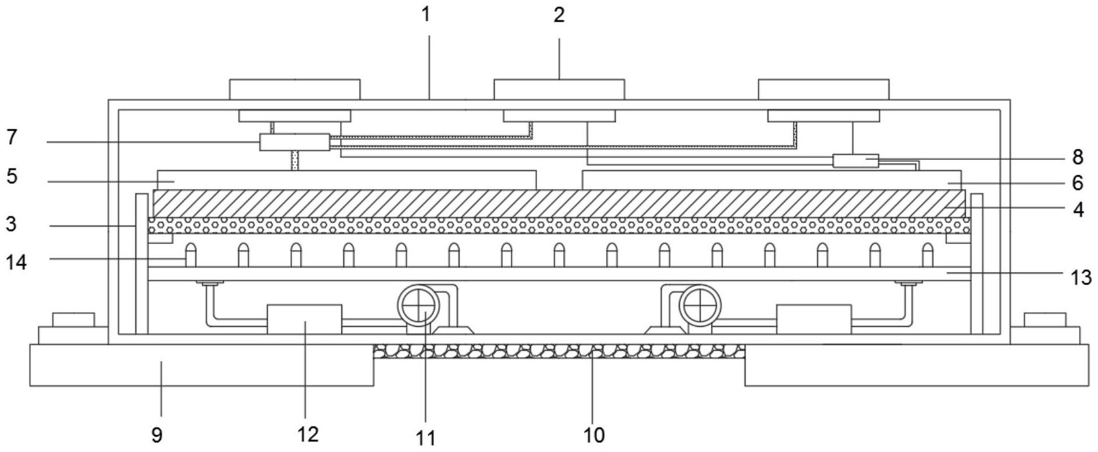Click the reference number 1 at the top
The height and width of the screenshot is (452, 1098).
tap(426, 14)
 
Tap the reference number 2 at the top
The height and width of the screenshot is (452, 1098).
tap(559, 15)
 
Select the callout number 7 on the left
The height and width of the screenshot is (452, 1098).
tap(11, 138)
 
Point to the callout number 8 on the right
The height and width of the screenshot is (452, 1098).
tap(1077, 157)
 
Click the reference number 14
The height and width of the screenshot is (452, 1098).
tap(16, 262)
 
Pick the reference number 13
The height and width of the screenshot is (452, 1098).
tap(1081, 278)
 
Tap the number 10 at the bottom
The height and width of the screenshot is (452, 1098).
tap(594, 434)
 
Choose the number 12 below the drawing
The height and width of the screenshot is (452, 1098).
tap(308, 434)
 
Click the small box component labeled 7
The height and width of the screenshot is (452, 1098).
tap(295, 142)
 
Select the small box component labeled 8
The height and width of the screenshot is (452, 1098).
tap(856, 160)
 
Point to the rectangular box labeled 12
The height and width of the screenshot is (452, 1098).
tap(304, 319)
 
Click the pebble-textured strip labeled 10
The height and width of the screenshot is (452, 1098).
tap(559, 352)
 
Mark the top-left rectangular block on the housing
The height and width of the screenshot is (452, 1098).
tap(295, 89)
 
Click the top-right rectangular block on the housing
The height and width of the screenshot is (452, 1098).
tap(823, 89)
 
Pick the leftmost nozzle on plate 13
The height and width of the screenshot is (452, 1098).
tap(190, 255)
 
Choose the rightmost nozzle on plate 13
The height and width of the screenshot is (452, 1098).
tap(927, 255)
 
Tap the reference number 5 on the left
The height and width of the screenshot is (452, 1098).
tap(12, 177)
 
